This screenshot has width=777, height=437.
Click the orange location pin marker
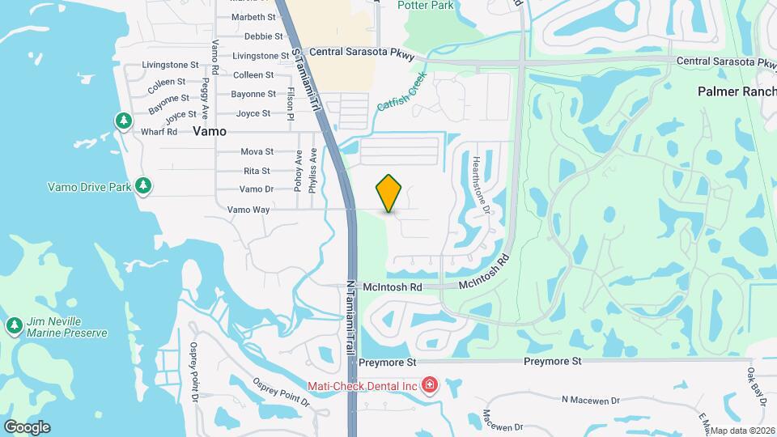click(x=389, y=193)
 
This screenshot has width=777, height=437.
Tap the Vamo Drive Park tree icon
click(x=143, y=186)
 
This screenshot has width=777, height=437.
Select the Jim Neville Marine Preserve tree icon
click(x=14, y=326)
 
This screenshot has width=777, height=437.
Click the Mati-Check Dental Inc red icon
click(x=429, y=385)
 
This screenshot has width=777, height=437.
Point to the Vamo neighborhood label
click(x=209, y=130)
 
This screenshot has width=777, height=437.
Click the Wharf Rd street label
click(x=159, y=132)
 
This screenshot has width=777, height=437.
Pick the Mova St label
click(x=257, y=151)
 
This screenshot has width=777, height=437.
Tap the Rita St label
click(x=257, y=171)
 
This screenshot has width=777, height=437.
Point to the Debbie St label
click(x=263, y=36)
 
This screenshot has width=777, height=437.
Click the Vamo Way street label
click(x=248, y=209)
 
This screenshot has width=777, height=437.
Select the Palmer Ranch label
click(x=737, y=91)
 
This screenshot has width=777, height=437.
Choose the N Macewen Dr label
click(x=590, y=400)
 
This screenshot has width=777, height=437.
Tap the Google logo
click(x=26, y=426)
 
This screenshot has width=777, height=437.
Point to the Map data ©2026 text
click(x=742, y=431)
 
